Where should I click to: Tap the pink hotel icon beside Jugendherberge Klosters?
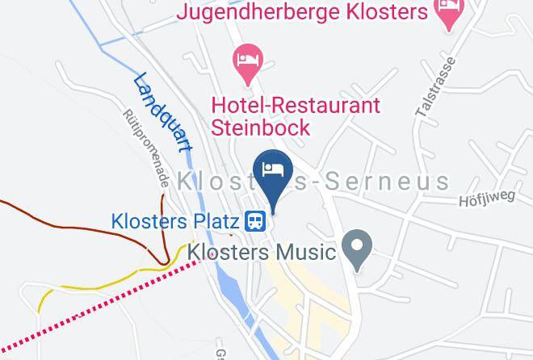tap(447, 10)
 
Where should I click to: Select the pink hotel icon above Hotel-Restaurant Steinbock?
tap(246, 61)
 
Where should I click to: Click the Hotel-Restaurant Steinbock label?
tap(296, 116)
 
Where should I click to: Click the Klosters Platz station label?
tap(174, 220)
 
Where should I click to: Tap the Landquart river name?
tap(163, 111)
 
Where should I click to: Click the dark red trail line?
tap(81, 223)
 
